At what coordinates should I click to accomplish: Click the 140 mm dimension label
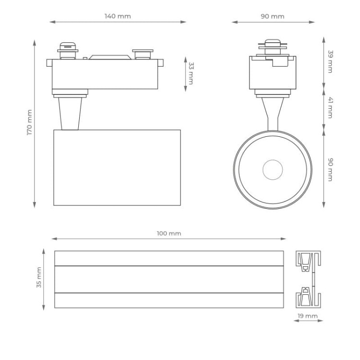pos(118,16)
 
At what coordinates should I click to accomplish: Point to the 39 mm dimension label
pos(330,61)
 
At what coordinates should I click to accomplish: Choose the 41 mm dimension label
pos(330,108)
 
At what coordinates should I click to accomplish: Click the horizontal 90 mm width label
pos(272,16)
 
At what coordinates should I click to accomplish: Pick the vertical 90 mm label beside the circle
pos(330,169)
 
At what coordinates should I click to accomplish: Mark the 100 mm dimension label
pos(169,233)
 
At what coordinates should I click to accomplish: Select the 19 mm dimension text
pos(308,316)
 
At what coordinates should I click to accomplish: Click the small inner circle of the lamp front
pos(273,169)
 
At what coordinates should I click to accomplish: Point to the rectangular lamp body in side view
pos(117,168)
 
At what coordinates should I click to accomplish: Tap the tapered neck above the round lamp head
pos(272,113)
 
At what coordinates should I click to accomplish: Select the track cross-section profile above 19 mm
pos(308,279)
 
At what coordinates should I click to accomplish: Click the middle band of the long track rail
pos(169,279)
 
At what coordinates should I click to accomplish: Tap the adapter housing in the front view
pos(272,73)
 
